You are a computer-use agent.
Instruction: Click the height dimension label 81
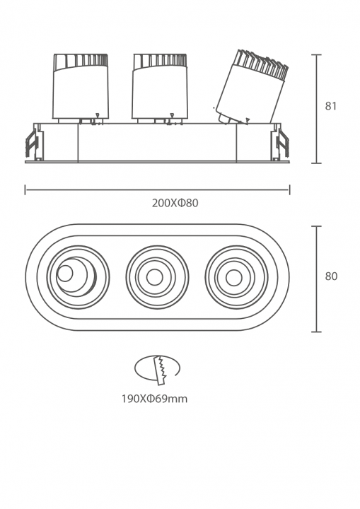coord(331,106)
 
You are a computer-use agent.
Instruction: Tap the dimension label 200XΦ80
coord(175,203)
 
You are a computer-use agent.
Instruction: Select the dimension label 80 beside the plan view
coord(332,276)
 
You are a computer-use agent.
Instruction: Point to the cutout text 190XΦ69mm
coord(155,399)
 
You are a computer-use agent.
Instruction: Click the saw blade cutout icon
coord(157,370)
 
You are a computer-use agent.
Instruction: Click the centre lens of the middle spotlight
coord(154,278)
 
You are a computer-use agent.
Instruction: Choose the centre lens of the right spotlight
coord(233,278)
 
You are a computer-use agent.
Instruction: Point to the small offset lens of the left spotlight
coord(64,274)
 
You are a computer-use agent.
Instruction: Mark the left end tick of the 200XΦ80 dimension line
coord(25,190)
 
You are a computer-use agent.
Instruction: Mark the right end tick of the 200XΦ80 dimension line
coord(289,190)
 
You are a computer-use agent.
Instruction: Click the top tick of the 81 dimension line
coord(316,55)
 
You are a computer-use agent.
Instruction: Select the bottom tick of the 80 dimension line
coord(316,332)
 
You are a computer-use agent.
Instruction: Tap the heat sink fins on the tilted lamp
coord(262,64)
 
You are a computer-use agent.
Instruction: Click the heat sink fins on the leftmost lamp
coord(81,61)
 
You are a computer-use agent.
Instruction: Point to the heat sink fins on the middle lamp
coord(160,61)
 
